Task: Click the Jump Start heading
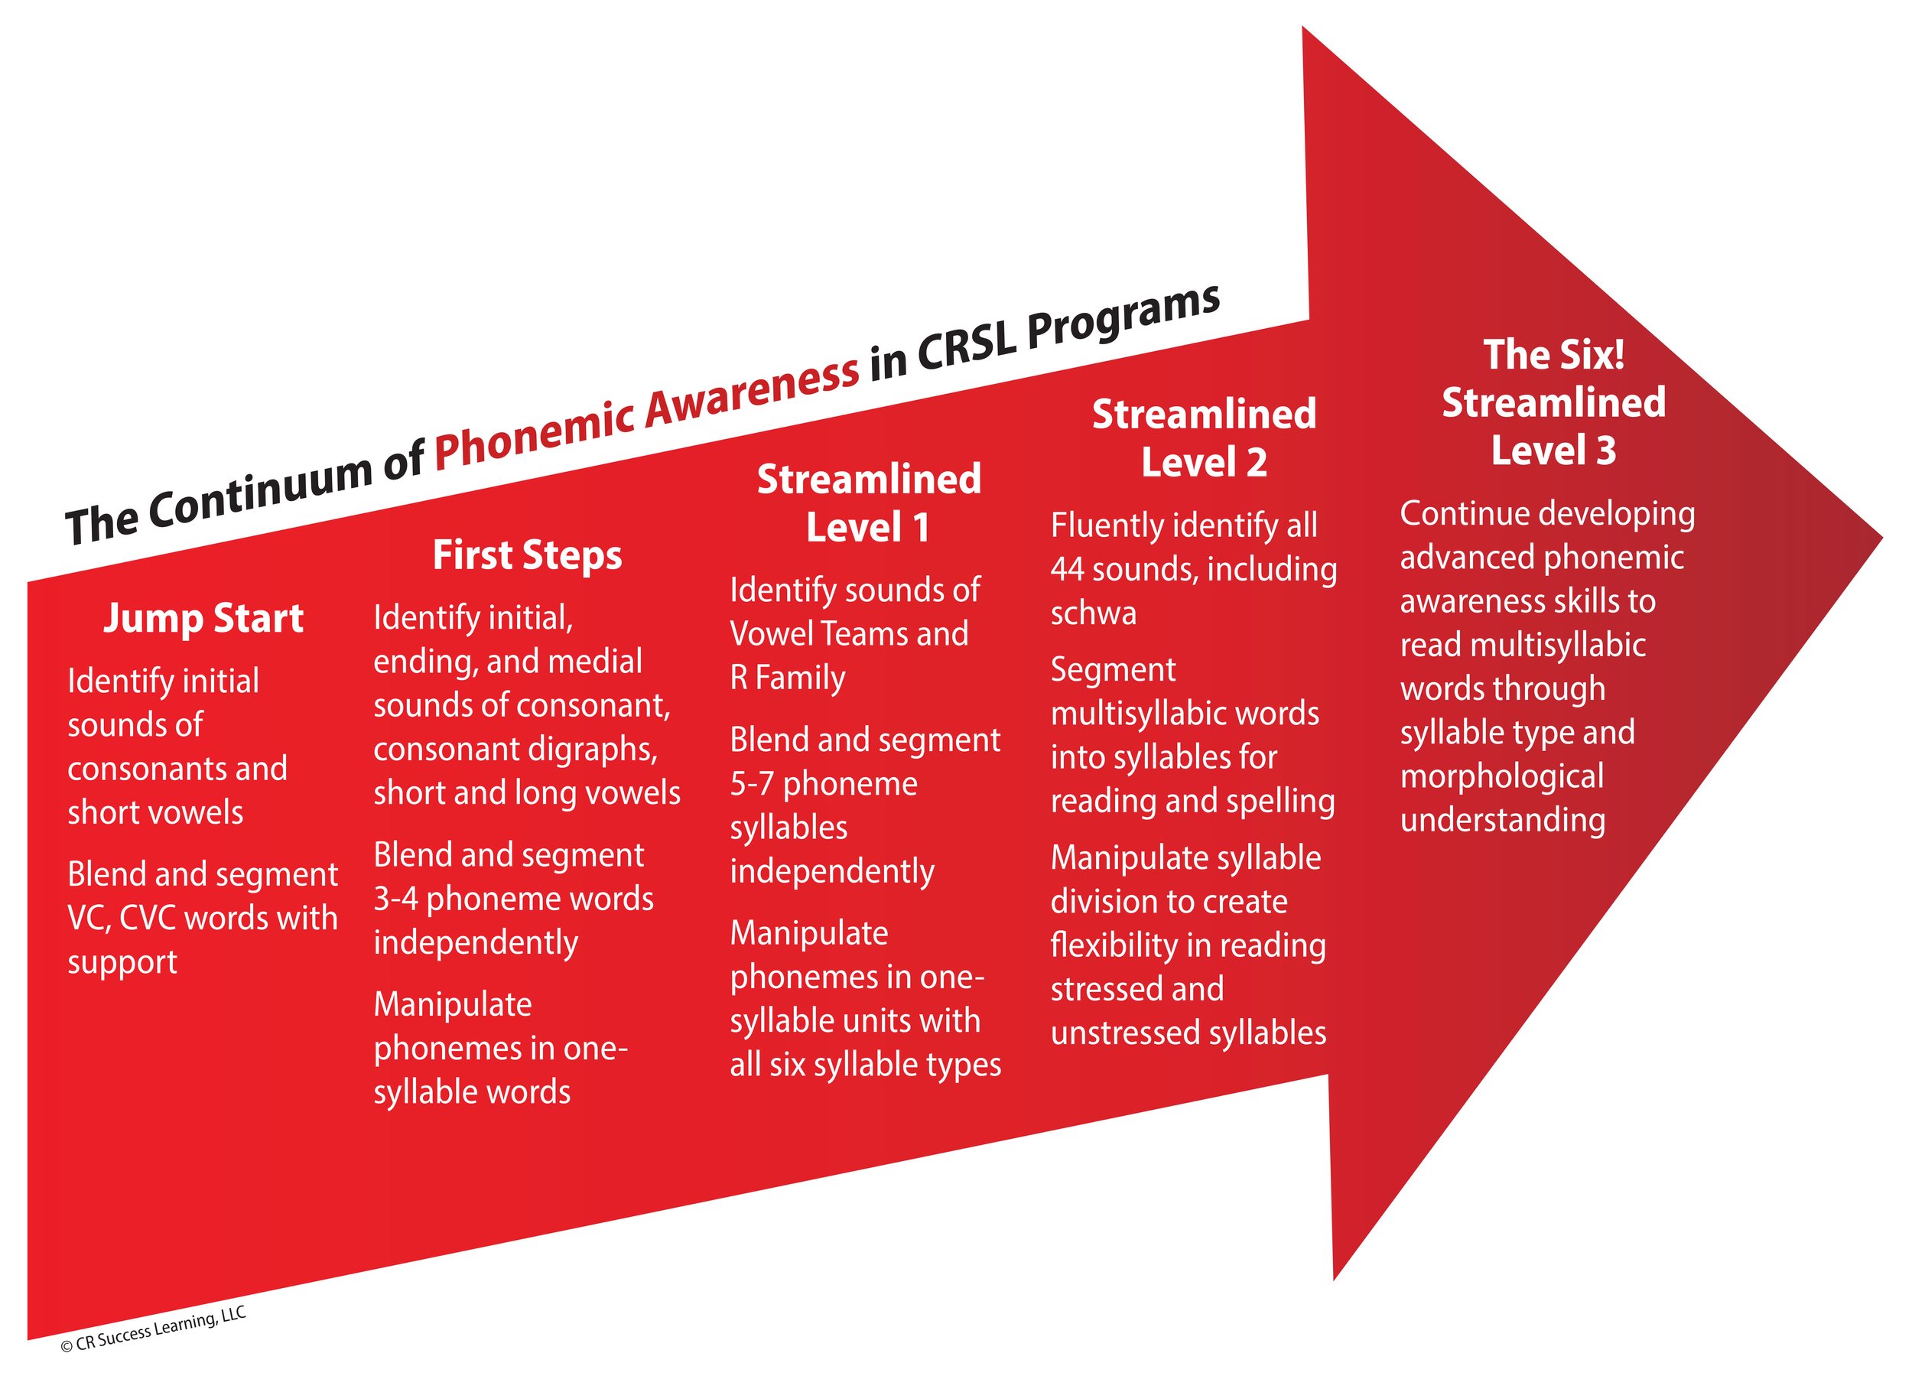(x=203, y=619)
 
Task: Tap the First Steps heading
(x=527, y=555)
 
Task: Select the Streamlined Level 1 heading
(x=868, y=503)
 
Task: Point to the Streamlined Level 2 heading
(x=1204, y=438)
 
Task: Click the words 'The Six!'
(x=1554, y=355)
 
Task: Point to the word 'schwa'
(x=1093, y=613)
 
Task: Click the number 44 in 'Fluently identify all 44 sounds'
(x=1068, y=570)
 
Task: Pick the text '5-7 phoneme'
(x=823, y=784)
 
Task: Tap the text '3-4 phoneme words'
(x=512, y=899)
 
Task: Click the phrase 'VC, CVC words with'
(x=203, y=918)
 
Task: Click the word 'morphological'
(x=1501, y=776)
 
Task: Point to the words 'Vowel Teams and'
(x=849, y=634)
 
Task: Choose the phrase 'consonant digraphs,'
(x=515, y=749)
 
